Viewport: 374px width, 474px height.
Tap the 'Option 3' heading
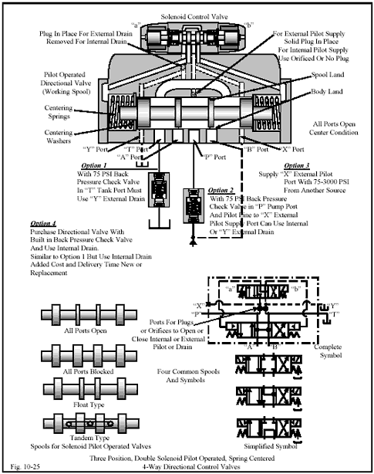(297, 165)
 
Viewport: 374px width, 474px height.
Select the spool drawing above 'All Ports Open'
(76, 320)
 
